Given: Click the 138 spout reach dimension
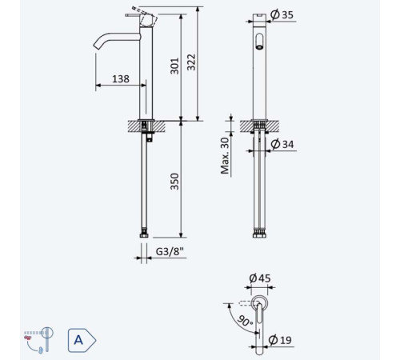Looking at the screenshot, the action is point(121,79).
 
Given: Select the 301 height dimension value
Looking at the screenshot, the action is point(174,66).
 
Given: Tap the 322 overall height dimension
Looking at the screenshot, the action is point(191,62).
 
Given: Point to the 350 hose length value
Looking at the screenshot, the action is point(174,182).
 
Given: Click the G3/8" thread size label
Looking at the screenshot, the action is point(170,251).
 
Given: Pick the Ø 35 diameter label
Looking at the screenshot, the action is point(282,14).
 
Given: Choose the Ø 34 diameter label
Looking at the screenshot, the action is point(282,144).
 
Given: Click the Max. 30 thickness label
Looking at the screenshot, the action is point(225,155).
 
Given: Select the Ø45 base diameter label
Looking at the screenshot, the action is point(260,278).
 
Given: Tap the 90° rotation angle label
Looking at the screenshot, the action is point(245,321).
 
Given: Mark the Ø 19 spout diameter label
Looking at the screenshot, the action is point(280,340).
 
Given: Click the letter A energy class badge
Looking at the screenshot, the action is point(82,340).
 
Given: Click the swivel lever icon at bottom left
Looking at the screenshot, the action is point(38,340).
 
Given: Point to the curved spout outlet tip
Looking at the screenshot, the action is point(95,46).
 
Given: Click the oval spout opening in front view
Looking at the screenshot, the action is point(259,42).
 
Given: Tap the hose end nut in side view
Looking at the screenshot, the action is point(144,235).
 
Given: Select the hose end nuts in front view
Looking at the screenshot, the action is point(260,235).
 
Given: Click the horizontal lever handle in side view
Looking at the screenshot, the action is point(132,15).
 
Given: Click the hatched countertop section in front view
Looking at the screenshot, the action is point(259,126).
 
